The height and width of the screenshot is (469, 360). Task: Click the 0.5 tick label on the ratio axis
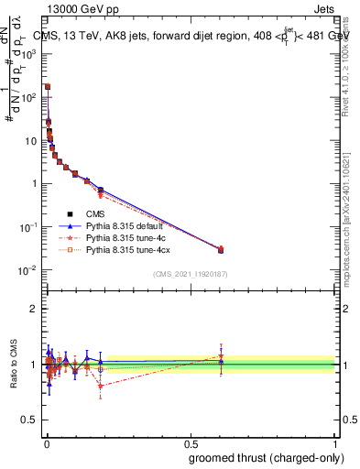(x=31, y=420)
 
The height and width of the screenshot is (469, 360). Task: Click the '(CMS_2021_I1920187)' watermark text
(x=190, y=274)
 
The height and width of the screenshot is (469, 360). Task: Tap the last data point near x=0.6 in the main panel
(x=221, y=249)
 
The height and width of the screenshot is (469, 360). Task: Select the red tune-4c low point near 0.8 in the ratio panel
(x=100, y=386)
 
